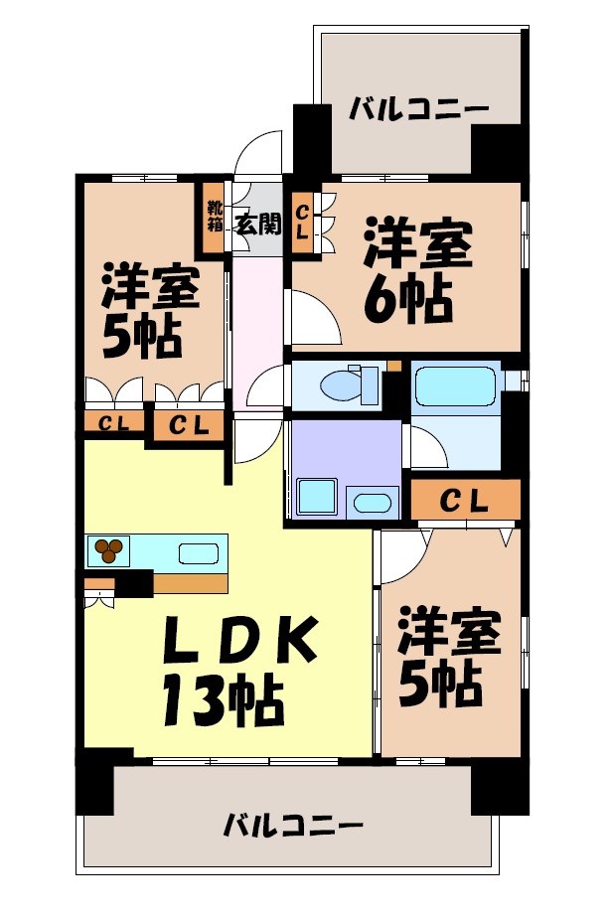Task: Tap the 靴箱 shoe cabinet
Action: click(214, 217)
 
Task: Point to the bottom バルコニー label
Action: click(292, 825)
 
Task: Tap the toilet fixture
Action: click(347, 383)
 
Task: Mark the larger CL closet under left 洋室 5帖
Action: click(187, 426)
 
